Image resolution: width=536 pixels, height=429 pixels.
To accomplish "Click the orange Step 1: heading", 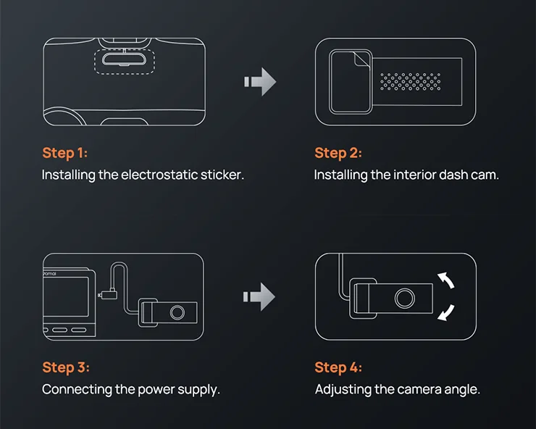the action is tap(65, 153).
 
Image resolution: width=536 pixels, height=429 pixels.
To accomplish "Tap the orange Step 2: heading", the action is tap(338, 153).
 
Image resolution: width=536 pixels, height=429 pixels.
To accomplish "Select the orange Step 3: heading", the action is tap(66, 367).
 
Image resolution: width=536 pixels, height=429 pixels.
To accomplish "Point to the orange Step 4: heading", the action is tap(338, 367).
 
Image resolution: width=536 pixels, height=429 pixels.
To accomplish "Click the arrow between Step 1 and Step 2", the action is tap(260, 82).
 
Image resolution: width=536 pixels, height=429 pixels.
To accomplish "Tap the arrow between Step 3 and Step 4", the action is tap(259, 296).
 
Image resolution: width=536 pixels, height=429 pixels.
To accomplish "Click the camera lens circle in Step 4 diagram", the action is tap(405, 298).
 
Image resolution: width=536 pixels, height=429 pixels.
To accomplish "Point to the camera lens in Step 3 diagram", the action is tap(177, 312).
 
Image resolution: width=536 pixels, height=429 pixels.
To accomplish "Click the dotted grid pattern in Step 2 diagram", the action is tap(410, 82).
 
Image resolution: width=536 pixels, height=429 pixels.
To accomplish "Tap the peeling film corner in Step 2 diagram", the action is tap(361, 59).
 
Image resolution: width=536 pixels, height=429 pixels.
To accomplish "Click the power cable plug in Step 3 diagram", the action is tap(108, 294).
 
